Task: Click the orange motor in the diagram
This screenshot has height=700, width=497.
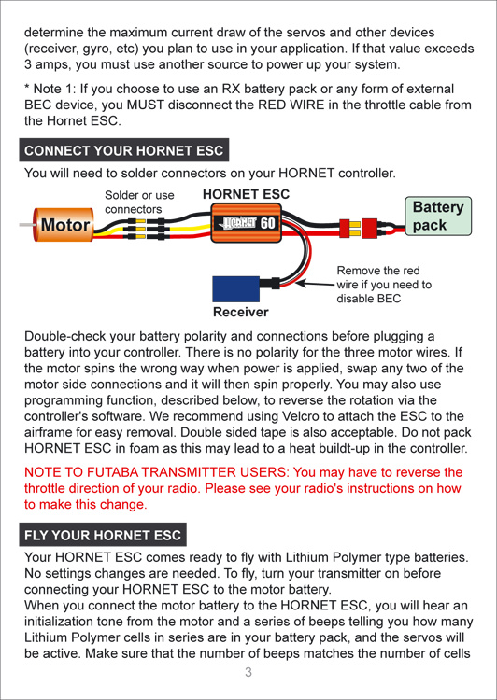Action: (64, 225)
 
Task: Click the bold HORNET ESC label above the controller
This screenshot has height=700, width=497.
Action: (246, 194)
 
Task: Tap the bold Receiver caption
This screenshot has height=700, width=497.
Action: (241, 312)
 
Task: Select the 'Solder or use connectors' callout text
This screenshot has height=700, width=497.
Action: (139, 203)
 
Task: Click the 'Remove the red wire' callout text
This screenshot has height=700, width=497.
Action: (384, 285)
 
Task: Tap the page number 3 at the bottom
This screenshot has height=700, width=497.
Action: (248, 672)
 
